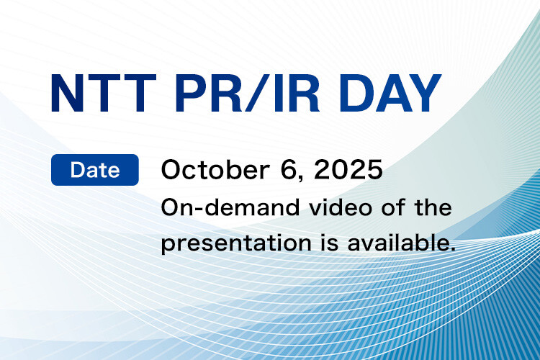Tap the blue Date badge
pos(95,171)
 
